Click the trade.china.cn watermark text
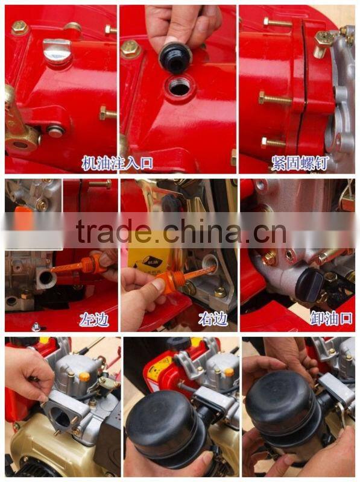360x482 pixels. pyautogui.click(x=181, y=231)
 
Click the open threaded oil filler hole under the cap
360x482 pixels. pyautogui.click(x=179, y=87)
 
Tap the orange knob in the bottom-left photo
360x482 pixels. pyautogui.click(x=84, y=377)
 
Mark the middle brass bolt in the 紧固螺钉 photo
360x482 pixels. pyautogui.click(x=275, y=98)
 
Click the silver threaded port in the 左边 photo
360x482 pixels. pyautogui.click(x=46, y=278)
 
